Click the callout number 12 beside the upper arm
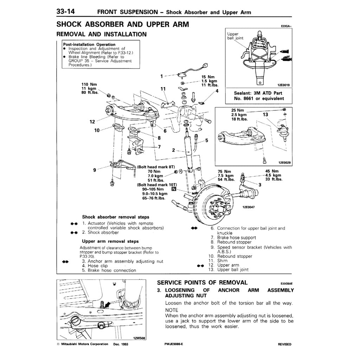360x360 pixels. pos(92,122)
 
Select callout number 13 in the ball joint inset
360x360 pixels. pos(265,115)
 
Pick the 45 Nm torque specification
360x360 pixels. pos(272,171)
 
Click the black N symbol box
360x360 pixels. pos(173,189)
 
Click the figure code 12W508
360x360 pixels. pos(139,338)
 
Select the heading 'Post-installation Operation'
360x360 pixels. pos(89,44)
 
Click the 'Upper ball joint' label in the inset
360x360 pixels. pos(235,36)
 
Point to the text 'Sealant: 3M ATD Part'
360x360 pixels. pos(258,94)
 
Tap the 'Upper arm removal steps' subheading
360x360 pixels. pos(110,242)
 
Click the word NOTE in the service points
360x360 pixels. pos(172,310)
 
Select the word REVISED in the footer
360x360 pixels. pos(284,345)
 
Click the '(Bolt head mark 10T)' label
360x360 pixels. pos(157,185)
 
